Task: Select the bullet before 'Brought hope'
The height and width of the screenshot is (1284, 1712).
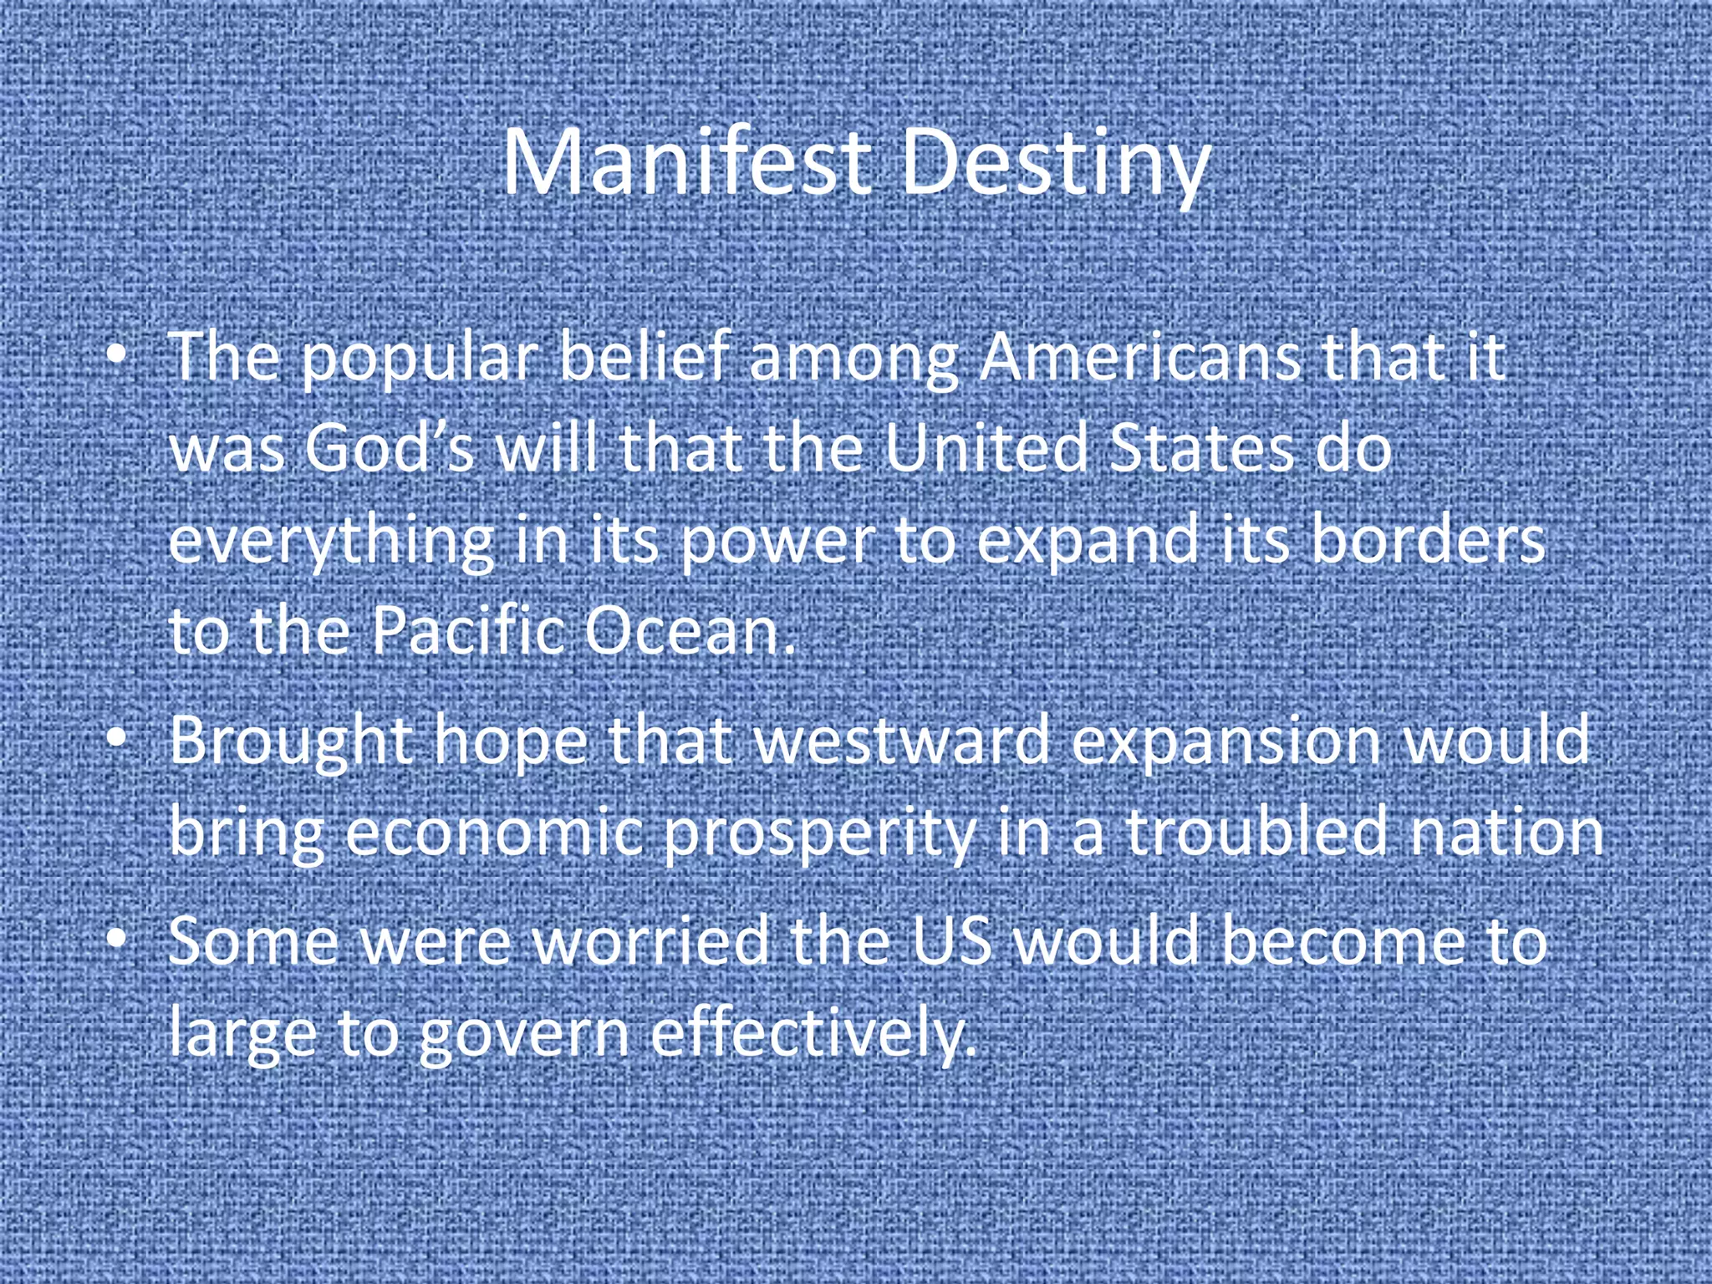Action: (118, 741)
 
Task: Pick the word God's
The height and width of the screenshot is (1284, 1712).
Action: (389, 448)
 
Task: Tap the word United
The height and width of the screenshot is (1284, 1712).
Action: (985, 448)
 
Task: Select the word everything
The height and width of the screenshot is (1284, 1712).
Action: (331, 542)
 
